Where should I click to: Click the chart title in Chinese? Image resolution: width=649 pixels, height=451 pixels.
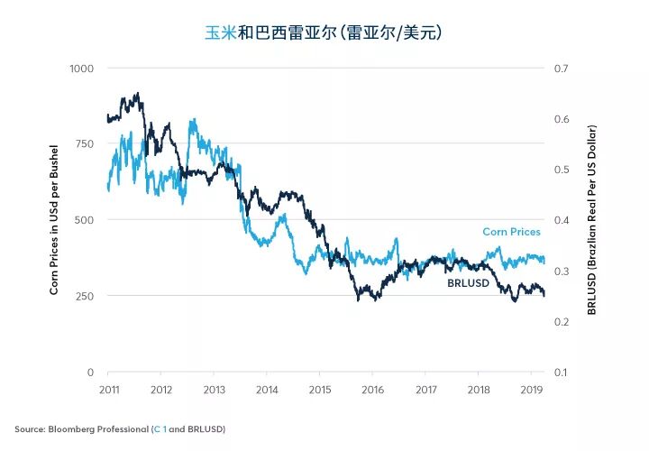click(324, 32)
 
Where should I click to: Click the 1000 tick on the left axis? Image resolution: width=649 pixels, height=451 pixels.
click(82, 69)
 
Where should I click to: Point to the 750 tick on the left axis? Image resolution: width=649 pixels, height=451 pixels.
click(85, 144)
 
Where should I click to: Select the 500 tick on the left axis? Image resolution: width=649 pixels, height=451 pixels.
click(85, 220)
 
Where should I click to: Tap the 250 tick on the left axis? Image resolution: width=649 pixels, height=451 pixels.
click(85, 296)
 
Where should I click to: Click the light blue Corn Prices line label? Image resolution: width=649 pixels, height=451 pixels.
click(511, 232)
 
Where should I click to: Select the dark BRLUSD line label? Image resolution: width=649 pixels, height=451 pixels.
click(468, 283)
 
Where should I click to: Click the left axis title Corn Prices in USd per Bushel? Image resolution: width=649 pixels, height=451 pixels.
click(54, 220)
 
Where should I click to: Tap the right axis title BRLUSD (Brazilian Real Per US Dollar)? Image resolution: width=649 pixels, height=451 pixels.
click(592, 220)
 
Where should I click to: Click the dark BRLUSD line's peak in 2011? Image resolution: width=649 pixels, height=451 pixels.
click(136, 93)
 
